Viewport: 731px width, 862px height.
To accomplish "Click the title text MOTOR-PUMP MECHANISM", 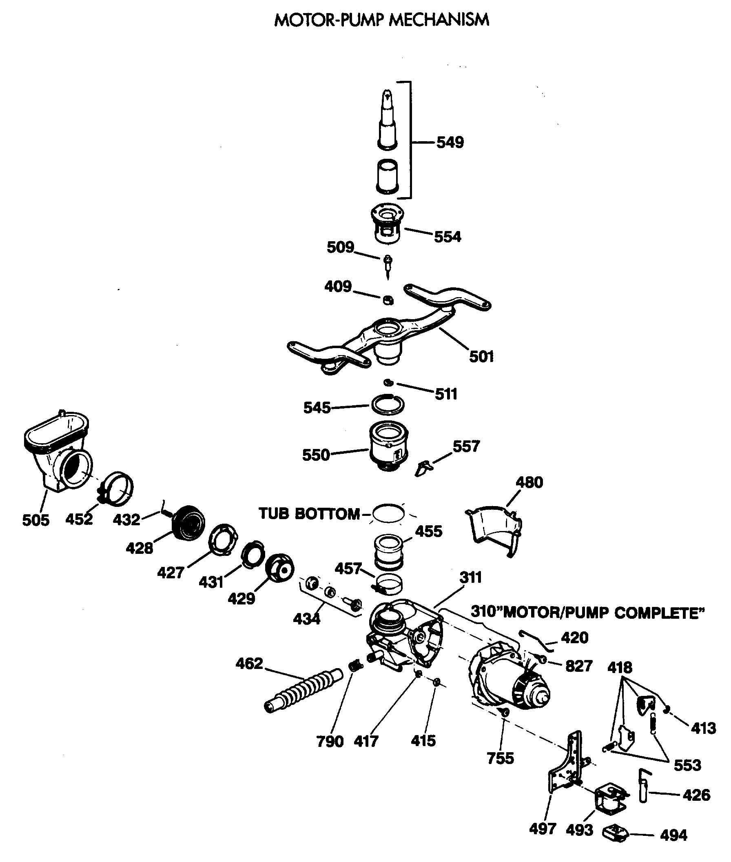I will [382, 20].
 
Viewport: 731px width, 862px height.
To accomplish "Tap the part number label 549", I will [450, 142].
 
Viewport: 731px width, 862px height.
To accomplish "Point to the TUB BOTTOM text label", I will [309, 514].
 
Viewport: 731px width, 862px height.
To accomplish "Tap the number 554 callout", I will [447, 237].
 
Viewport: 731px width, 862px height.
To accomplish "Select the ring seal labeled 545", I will [388, 404].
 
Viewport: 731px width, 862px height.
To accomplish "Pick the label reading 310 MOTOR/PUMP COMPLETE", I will [588, 613].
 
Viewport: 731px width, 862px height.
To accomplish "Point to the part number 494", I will [673, 835].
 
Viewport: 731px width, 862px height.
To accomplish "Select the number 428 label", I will [139, 548].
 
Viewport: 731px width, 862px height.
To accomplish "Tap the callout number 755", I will [500, 758].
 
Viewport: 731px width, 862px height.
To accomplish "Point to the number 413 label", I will [703, 728].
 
